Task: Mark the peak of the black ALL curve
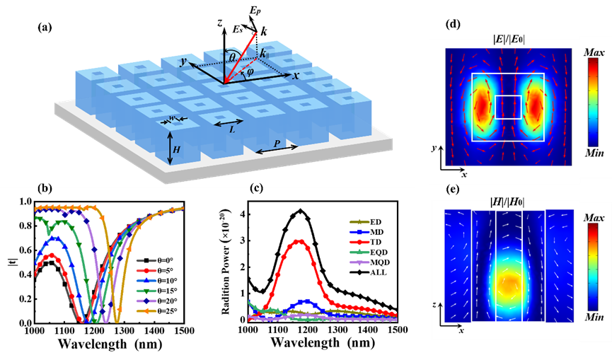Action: [x=301, y=210]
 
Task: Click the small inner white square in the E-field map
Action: [x=508, y=107]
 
